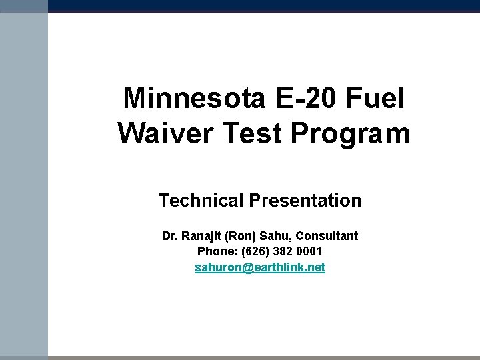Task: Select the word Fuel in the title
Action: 375,99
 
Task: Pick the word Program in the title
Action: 351,134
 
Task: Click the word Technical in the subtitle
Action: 201,200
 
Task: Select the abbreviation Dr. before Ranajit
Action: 169,236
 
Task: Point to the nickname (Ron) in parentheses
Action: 241,236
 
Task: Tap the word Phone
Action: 214,252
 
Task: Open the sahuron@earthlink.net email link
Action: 260,268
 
